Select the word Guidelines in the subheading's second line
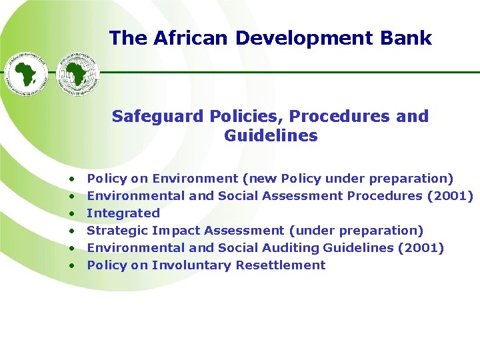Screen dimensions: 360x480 point(271,136)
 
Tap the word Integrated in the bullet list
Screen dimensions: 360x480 point(123,213)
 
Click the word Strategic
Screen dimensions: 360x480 point(117,231)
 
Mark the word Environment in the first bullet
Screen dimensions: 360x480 point(195,179)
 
